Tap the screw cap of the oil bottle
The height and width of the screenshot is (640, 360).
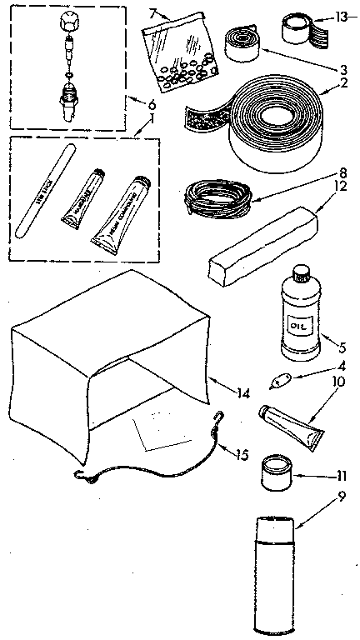click(x=299, y=273)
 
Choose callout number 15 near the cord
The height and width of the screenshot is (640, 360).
click(x=242, y=455)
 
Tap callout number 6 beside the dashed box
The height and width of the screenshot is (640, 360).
click(x=151, y=105)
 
